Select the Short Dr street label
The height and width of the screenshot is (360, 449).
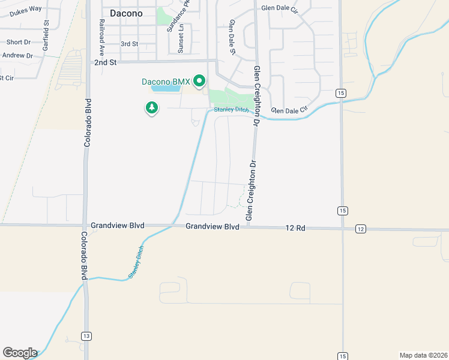tap(18, 43)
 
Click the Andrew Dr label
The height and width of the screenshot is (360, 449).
tap(17, 55)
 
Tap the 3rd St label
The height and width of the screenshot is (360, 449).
tap(129, 44)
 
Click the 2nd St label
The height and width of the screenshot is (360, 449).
tap(104, 62)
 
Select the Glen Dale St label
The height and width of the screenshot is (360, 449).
tap(232, 37)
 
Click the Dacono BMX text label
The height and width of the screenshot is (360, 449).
tap(166, 82)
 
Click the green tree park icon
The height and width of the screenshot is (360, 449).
tap(152, 108)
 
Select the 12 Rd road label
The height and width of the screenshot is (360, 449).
tap(295, 227)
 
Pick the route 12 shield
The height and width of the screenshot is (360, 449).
tap(360, 229)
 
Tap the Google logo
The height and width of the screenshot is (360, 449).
tap(20, 353)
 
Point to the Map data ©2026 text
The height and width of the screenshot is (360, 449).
tap(423, 355)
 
